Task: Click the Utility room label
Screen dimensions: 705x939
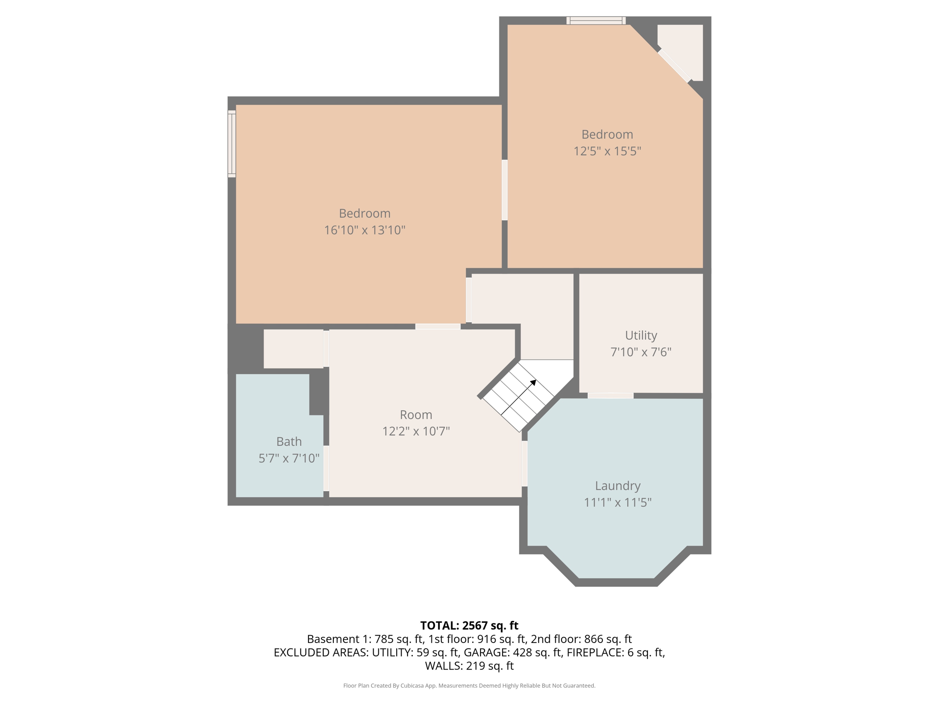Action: [641, 336]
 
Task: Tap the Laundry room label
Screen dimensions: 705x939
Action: [617, 486]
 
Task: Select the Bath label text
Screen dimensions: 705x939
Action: [289, 442]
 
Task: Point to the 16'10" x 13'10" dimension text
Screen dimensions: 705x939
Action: [365, 230]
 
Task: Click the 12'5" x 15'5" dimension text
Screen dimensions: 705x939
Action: [607, 151]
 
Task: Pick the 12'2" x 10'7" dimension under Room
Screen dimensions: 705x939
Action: [416, 431]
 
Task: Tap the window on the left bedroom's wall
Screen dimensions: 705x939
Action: [232, 144]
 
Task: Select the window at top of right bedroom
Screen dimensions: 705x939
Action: [596, 20]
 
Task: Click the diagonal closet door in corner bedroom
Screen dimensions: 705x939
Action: [674, 66]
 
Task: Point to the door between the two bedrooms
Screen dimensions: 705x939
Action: [504, 190]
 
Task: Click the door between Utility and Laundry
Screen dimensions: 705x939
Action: [610, 396]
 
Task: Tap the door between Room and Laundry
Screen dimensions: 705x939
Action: [524, 463]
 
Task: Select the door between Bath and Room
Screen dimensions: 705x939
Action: [326, 468]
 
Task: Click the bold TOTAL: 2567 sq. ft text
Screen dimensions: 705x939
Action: [469, 626]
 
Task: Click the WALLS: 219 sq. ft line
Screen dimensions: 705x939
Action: [469, 666]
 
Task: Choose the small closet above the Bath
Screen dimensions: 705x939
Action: [293, 349]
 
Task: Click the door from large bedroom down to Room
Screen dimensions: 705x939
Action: [438, 326]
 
